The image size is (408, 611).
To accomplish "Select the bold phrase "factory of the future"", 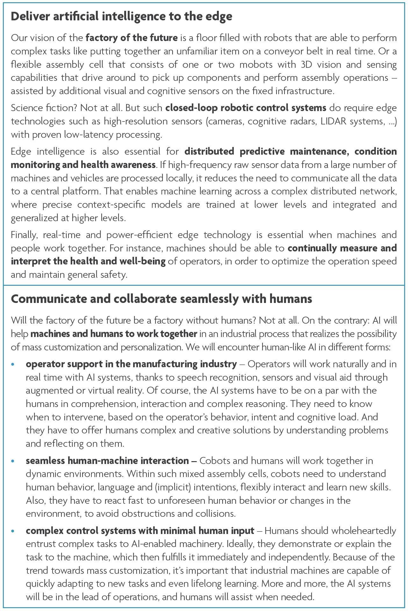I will click(x=132, y=38).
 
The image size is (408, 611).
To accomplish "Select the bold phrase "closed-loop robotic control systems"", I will click(x=246, y=108).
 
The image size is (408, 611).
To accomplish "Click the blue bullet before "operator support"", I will click(x=13, y=364).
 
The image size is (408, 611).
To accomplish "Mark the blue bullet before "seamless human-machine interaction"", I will click(x=13, y=461).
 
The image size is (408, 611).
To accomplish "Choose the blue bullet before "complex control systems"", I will click(x=13, y=531).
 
